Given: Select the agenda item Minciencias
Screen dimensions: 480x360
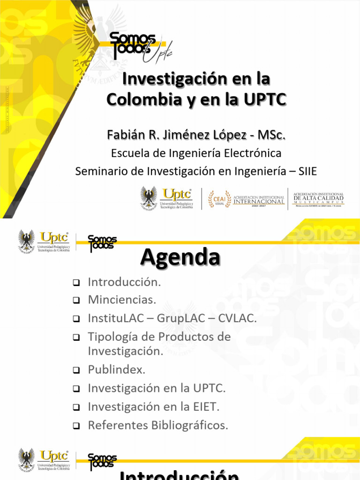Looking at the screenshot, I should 121,300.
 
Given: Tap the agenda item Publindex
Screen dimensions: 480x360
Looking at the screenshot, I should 117,369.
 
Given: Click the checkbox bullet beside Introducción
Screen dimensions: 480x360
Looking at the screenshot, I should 76,283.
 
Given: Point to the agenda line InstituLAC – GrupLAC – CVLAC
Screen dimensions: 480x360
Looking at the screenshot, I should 172,319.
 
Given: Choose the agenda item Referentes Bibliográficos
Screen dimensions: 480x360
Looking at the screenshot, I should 157,426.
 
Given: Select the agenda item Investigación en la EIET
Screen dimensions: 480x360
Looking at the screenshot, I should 153,407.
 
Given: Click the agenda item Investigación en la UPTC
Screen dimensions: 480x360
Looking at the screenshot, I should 157,388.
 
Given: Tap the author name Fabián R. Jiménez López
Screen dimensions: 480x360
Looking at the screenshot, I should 195,135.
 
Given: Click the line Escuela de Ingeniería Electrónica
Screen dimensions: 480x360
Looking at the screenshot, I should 196,153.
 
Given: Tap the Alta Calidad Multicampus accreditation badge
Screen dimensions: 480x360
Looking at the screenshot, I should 318,199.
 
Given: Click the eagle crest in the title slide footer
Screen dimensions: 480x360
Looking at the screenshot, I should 149,198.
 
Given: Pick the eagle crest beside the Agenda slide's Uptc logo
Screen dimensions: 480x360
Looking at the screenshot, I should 26,241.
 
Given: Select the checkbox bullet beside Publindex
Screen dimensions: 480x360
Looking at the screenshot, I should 76,370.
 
